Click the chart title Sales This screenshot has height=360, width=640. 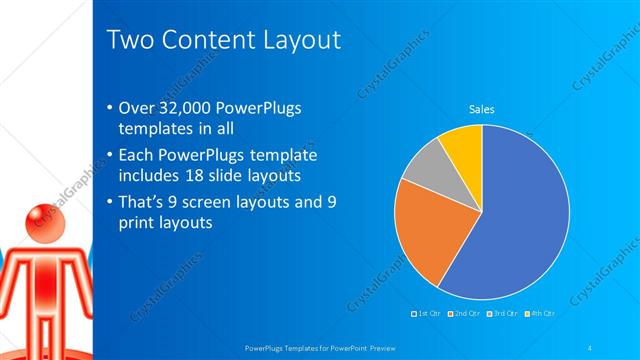coord(482,109)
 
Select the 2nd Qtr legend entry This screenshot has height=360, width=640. coord(466,314)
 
